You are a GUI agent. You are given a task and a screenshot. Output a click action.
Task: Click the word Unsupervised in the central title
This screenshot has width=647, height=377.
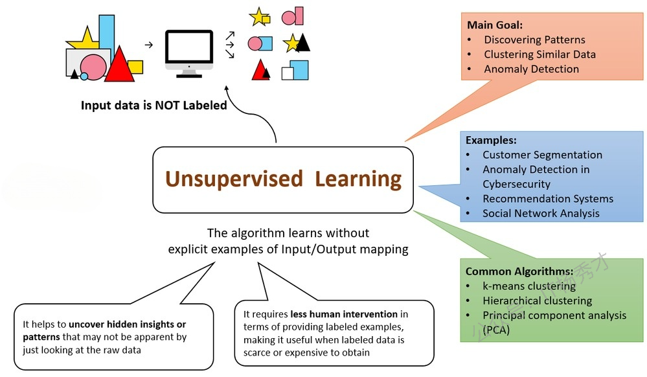pyautogui.click(x=234, y=179)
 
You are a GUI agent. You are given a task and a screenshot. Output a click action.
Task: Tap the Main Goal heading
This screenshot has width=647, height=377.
pyautogui.click(x=495, y=25)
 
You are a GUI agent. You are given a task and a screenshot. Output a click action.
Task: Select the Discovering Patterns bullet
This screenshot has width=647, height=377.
pyautogui.click(x=534, y=40)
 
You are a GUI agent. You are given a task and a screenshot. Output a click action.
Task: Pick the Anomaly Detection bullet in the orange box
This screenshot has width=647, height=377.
pyautogui.click(x=532, y=69)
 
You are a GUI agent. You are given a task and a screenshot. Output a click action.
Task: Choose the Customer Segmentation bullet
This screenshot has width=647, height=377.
pyautogui.click(x=542, y=155)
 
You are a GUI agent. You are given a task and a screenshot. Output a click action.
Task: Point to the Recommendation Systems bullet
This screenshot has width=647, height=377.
pyautogui.click(x=548, y=199)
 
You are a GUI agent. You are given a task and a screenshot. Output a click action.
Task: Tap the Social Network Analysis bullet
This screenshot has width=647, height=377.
pyautogui.click(x=541, y=214)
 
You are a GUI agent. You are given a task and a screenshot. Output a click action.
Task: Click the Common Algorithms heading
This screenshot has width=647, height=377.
pyautogui.click(x=519, y=271)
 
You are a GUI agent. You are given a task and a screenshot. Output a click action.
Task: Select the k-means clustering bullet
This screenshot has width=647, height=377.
pyautogui.click(x=529, y=286)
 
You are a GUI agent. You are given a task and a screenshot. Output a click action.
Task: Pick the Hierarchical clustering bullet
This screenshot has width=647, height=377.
pyautogui.click(x=538, y=301)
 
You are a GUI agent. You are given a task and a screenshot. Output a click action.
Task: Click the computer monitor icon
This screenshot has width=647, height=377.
pyautogui.click(x=189, y=54)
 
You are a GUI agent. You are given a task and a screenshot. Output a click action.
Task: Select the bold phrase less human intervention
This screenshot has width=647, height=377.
pyautogui.click(x=344, y=314)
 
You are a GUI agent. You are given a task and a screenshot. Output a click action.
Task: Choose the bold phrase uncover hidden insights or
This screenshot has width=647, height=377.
pyautogui.click(x=127, y=324)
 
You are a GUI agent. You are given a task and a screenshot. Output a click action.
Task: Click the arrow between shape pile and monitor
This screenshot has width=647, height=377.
pyautogui.click(x=149, y=45)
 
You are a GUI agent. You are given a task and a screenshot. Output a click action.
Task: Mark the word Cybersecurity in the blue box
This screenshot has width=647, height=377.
pyautogui.click(x=516, y=184)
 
